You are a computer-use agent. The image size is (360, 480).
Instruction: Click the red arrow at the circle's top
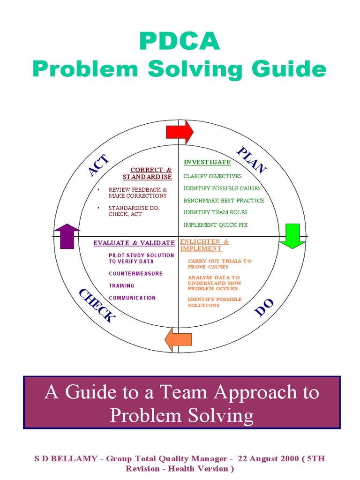point(180,132)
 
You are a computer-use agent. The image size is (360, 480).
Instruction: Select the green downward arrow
point(292,236)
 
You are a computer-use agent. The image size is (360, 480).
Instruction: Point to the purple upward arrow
point(67,236)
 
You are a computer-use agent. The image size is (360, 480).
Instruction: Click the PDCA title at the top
point(180,42)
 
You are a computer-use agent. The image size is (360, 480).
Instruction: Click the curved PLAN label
point(252,160)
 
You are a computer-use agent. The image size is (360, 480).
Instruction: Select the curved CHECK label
point(97,306)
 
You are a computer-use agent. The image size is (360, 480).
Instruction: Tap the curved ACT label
point(99,165)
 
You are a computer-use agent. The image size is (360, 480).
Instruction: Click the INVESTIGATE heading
point(207,162)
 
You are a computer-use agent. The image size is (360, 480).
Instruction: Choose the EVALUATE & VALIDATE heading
point(134,243)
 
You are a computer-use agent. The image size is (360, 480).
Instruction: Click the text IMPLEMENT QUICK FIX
point(216,225)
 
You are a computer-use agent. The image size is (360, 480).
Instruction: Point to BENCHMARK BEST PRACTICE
point(224,201)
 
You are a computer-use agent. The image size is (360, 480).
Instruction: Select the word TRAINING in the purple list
point(121,286)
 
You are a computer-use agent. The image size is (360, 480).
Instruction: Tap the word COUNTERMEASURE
point(135,274)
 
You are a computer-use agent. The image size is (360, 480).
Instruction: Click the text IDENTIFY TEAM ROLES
point(215,212)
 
